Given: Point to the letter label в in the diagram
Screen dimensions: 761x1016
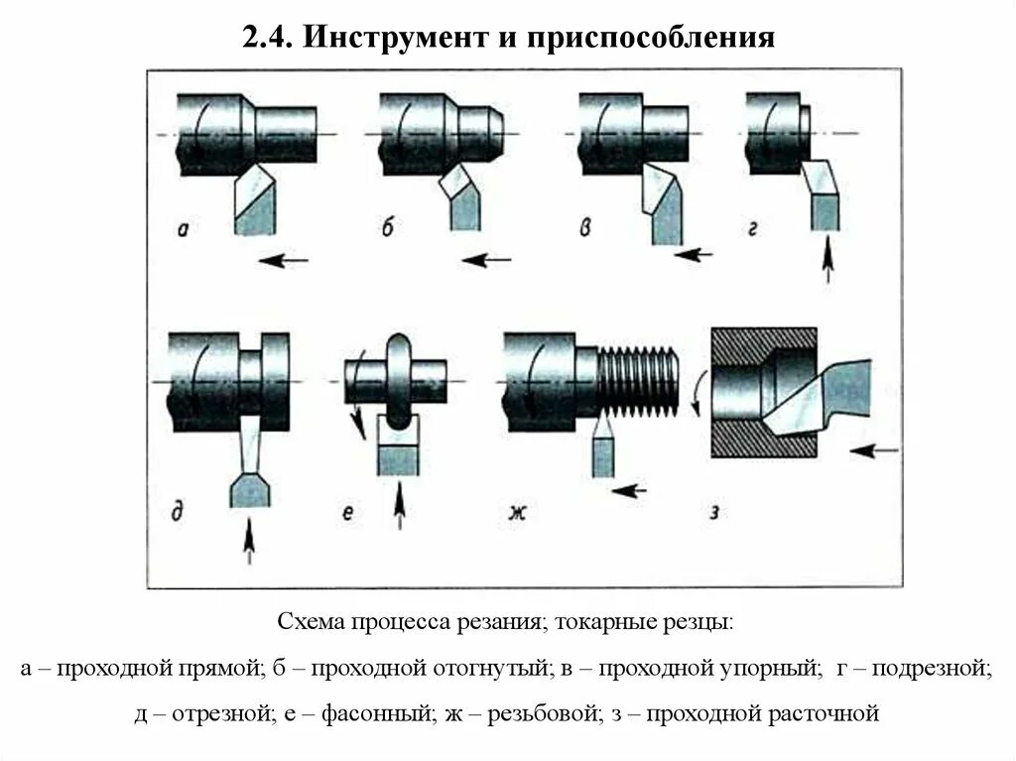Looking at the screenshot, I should (x=587, y=229).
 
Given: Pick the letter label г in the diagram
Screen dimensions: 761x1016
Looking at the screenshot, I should (x=754, y=230).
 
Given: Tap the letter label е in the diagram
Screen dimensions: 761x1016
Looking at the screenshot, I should (x=348, y=513).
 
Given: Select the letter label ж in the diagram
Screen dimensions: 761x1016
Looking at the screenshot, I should (x=517, y=513).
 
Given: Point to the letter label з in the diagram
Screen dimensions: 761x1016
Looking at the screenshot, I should (x=714, y=513).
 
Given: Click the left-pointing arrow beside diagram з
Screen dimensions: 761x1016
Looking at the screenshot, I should (x=875, y=449).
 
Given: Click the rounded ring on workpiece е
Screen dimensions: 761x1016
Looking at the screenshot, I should (x=397, y=380).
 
